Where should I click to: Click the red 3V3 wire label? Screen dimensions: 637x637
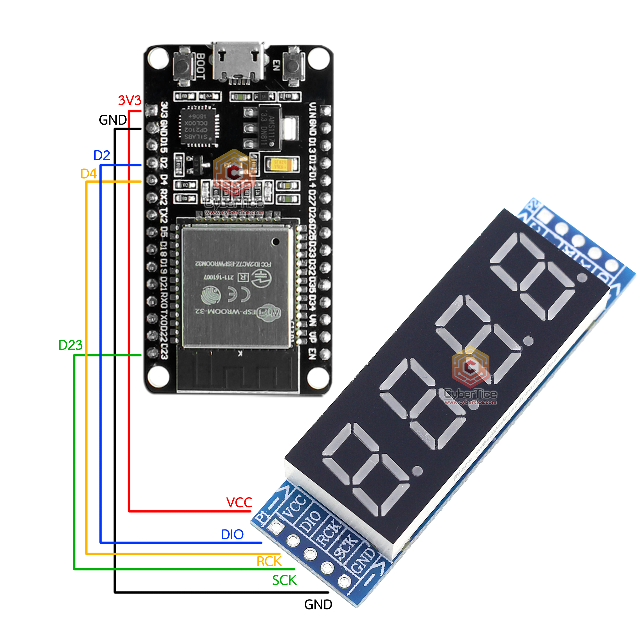[x=130, y=100]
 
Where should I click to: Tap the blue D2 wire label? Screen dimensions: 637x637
[x=102, y=155]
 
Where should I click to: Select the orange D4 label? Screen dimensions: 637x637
[x=88, y=174]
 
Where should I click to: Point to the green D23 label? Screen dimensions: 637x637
[x=70, y=345]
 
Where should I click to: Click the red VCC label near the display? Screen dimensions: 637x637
[x=239, y=503]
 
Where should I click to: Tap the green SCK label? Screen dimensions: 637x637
[x=284, y=580]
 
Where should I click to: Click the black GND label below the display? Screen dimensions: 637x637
[x=318, y=605]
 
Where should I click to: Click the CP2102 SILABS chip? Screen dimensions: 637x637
[x=197, y=126]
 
